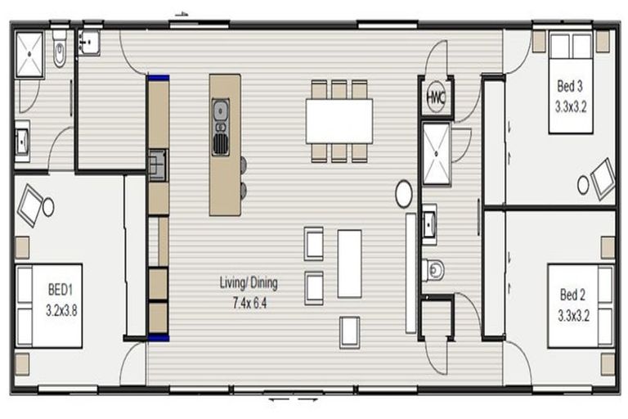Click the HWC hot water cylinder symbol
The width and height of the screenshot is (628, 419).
pyautogui.click(x=435, y=97)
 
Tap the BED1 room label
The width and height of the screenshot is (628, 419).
pyautogui.click(x=60, y=290)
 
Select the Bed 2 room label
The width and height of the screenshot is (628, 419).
pyautogui.click(x=572, y=295)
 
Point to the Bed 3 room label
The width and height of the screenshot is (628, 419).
pyautogui.click(x=570, y=86)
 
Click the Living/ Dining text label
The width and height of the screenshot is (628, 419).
pyautogui.click(x=249, y=282)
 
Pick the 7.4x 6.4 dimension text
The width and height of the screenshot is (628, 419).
pyautogui.click(x=249, y=304)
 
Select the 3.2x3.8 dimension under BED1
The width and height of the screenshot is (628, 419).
pyautogui.click(x=61, y=310)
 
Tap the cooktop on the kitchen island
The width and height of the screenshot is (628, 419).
pyautogui.click(x=220, y=144)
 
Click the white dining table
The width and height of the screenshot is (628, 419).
pyautogui.click(x=339, y=121)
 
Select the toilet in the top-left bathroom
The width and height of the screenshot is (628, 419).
pyautogui.click(x=60, y=49)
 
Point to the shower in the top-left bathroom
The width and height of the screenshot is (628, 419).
pyautogui.click(x=29, y=55)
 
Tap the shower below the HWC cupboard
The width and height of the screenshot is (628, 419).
pyautogui.click(x=437, y=154)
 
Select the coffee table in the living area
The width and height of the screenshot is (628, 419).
pyautogui.click(x=349, y=264)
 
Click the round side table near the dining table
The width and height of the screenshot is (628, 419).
pyautogui.click(x=403, y=194)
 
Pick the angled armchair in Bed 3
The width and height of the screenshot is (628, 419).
pyautogui.click(x=603, y=178)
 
